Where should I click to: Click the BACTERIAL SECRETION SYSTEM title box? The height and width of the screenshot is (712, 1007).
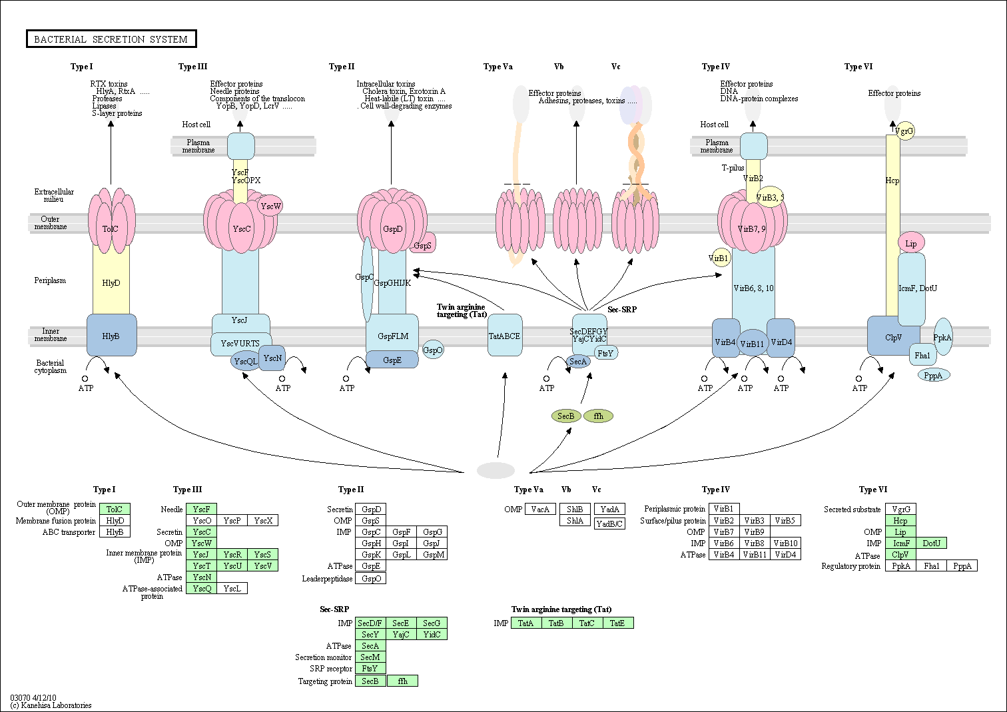click(111, 39)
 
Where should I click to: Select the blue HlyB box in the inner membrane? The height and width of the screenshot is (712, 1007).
click(111, 336)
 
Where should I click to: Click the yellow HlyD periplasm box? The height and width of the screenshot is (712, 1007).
click(111, 283)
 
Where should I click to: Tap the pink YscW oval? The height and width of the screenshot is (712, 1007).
click(270, 206)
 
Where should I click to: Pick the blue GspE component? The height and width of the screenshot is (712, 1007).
click(392, 360)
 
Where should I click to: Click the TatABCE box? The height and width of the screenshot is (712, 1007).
click(505, 336)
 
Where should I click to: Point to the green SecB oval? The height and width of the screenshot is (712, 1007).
click(566, 416)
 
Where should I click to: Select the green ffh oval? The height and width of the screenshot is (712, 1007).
click(598, 416)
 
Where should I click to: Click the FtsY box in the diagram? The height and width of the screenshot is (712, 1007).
click(605, 353)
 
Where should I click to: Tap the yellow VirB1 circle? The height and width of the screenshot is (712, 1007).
click(719, 258)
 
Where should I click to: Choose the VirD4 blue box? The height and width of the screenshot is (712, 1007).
click(782, 342)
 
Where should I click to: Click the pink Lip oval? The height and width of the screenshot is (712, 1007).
click(911, 243)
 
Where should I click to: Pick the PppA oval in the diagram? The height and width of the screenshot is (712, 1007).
click(934, 376)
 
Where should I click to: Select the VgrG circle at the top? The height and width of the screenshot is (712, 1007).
click(905, 131)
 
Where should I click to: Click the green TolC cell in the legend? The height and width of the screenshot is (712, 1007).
click(115, 510)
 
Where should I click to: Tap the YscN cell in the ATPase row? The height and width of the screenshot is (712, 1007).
click(202, 577)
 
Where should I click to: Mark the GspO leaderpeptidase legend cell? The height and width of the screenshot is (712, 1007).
click(372, 578)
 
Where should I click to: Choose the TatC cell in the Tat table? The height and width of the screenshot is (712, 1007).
click(587, 623)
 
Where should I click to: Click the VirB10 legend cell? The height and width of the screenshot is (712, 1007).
click(785, 543)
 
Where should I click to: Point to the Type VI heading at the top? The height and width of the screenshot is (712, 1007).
click(858, 67)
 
